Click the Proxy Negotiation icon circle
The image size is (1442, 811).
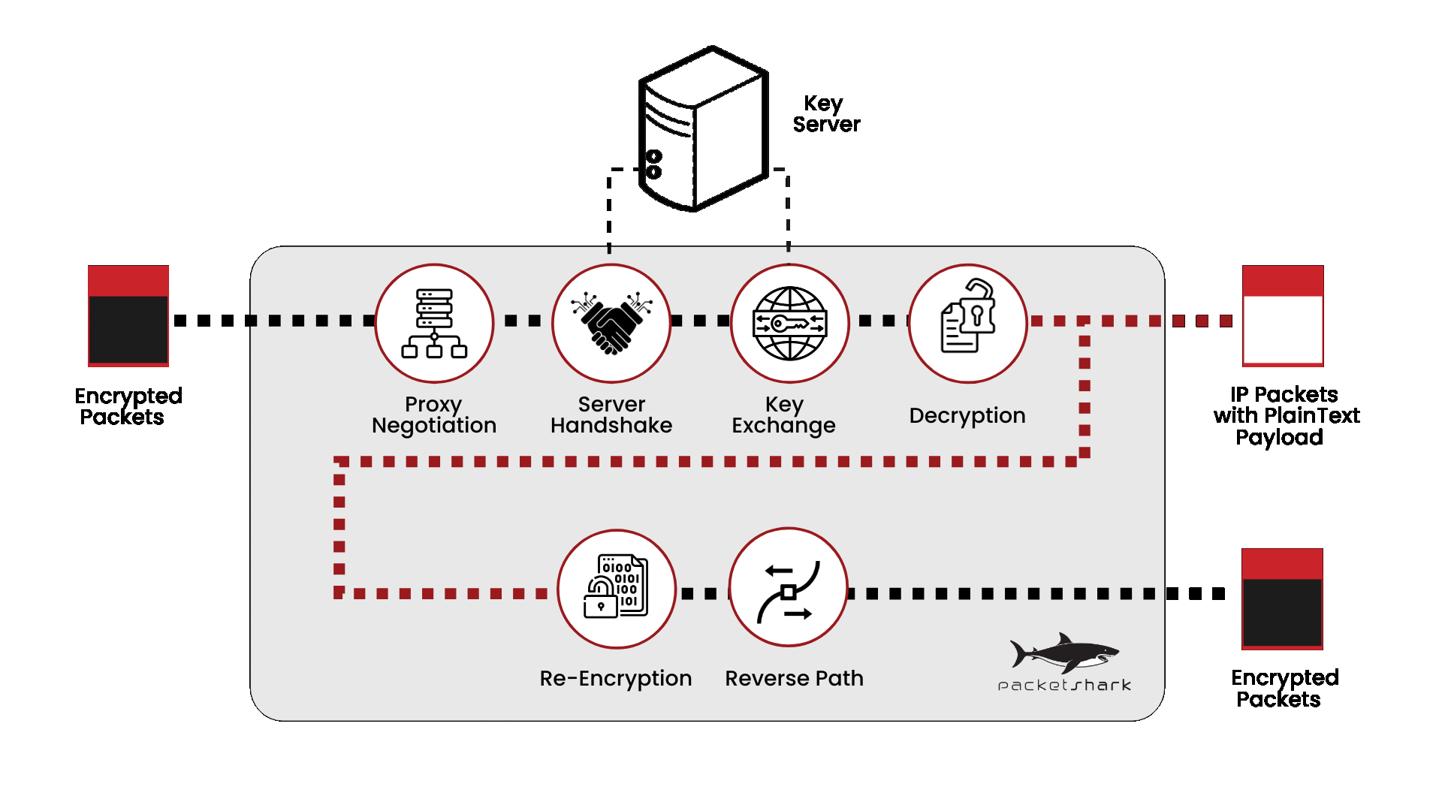click(x=434, y=324)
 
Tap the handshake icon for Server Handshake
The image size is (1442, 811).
click(x=611, y=324)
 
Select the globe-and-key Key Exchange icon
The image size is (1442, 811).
click(x=789, y=324)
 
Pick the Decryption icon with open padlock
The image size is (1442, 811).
click(x=967, y=324)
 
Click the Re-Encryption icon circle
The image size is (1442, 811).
click(x=616, y=589)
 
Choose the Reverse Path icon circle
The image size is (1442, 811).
click(x=788, y=588)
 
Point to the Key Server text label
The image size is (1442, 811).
click(x=825, y=114)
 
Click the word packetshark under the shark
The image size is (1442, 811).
click(x=1064, y=685)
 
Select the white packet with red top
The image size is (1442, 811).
click(x=1283, y=316)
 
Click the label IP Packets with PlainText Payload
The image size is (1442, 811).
click(x=1285, y=415)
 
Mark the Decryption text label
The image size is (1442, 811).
click(x=967, y=415)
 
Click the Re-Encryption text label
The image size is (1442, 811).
click(x=616, y=678)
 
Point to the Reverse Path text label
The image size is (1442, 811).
click(x=794, y=678)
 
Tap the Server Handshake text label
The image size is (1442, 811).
click(x=611, y=415)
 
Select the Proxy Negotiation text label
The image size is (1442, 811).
click(x=434, y=415)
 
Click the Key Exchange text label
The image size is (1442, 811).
click(x=783, y=415)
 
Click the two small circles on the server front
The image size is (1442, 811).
click(x=654, y=164)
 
